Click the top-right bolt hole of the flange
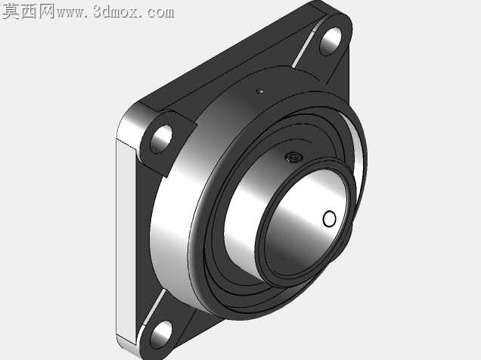pyautogui.click(x=330, y=42)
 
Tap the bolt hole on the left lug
pyautogui.click(x=161, y=139)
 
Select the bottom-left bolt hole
pyautogui.click(x=161, y=334)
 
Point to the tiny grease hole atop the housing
pyautogui.click(x=261, y=91)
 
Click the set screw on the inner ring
pyautogui.click(x=293, y=157)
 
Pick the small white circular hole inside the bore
pyautogui.click(x=330, y=219)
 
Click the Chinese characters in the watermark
pyautogui.click(x=28, y=11)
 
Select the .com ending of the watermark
pyautogui.click(x=157, y=13)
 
